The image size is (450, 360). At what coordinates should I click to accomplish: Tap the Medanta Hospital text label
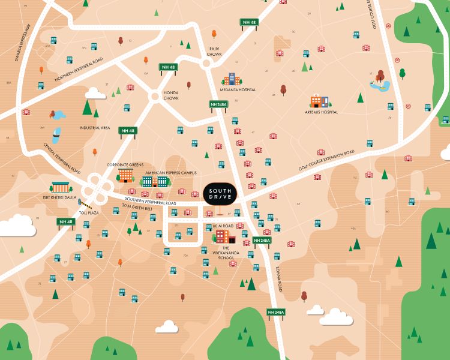coord(239,90)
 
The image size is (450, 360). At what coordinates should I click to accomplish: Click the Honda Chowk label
coord(171,95)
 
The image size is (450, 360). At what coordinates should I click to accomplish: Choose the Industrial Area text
coord(94,128)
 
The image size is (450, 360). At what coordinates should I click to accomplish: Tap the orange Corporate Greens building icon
coord(125,175)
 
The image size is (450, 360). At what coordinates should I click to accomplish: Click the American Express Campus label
coord(170,173)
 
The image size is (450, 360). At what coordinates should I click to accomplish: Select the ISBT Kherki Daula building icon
coord(61,188)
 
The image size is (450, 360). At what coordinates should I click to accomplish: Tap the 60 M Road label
coord(223,226)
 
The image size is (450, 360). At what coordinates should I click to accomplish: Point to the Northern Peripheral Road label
coord(79,70)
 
